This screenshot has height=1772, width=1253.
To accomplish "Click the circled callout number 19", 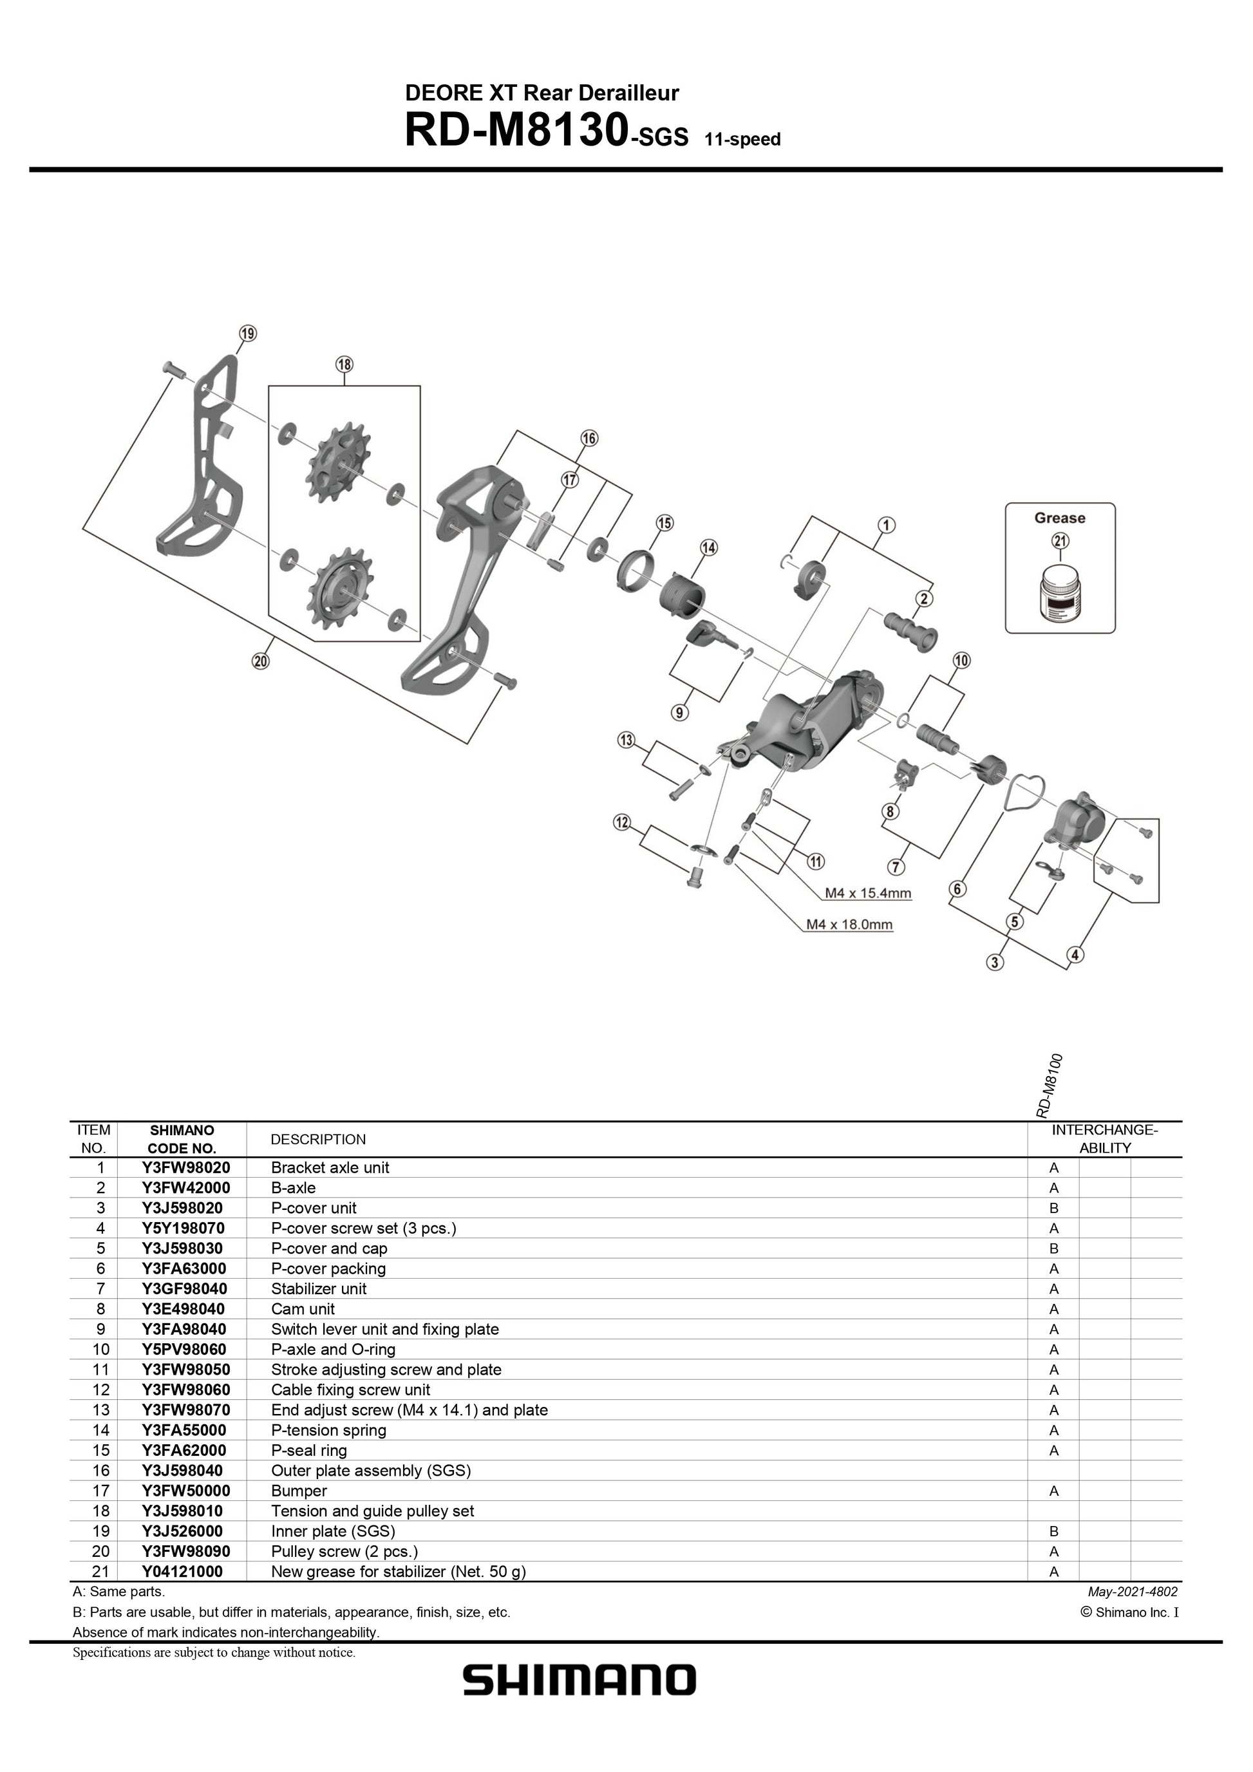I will click(247, 334).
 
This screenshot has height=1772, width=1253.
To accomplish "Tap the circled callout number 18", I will click(344, 364).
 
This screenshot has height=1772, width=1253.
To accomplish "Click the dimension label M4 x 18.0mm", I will click(849, 924).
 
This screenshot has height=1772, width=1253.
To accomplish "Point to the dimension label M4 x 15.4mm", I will click(868, 893).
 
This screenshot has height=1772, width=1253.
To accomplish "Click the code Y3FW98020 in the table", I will click(185, 1167).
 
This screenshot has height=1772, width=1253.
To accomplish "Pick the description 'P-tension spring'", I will click(328, 1430).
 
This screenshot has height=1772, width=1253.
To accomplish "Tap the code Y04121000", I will click(182, 1571).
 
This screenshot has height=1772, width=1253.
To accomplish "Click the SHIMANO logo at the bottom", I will click(579, 1679).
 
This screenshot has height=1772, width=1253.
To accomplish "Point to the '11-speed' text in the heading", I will click(742, 140).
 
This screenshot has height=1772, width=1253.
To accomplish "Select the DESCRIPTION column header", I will click(318, 1139).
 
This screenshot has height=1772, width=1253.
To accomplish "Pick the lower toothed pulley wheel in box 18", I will click(340, 592).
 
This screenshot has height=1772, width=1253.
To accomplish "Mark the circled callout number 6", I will click(957, 889).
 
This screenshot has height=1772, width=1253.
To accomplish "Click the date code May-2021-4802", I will click(1132, 1592).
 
